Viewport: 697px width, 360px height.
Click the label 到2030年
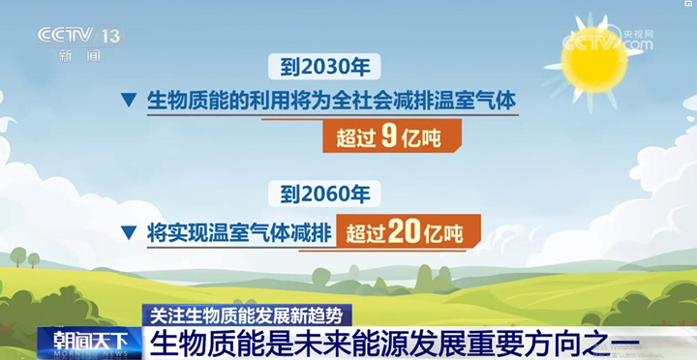(x=324, y=67)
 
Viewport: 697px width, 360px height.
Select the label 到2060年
(x=324, y=194)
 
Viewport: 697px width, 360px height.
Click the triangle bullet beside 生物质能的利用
(x=127, y=101)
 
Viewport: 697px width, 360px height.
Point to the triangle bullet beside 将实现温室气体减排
(x=127, y=232)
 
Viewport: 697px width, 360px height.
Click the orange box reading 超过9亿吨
(x=392, y=137)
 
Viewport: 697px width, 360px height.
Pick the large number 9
(x=388, y=137)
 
